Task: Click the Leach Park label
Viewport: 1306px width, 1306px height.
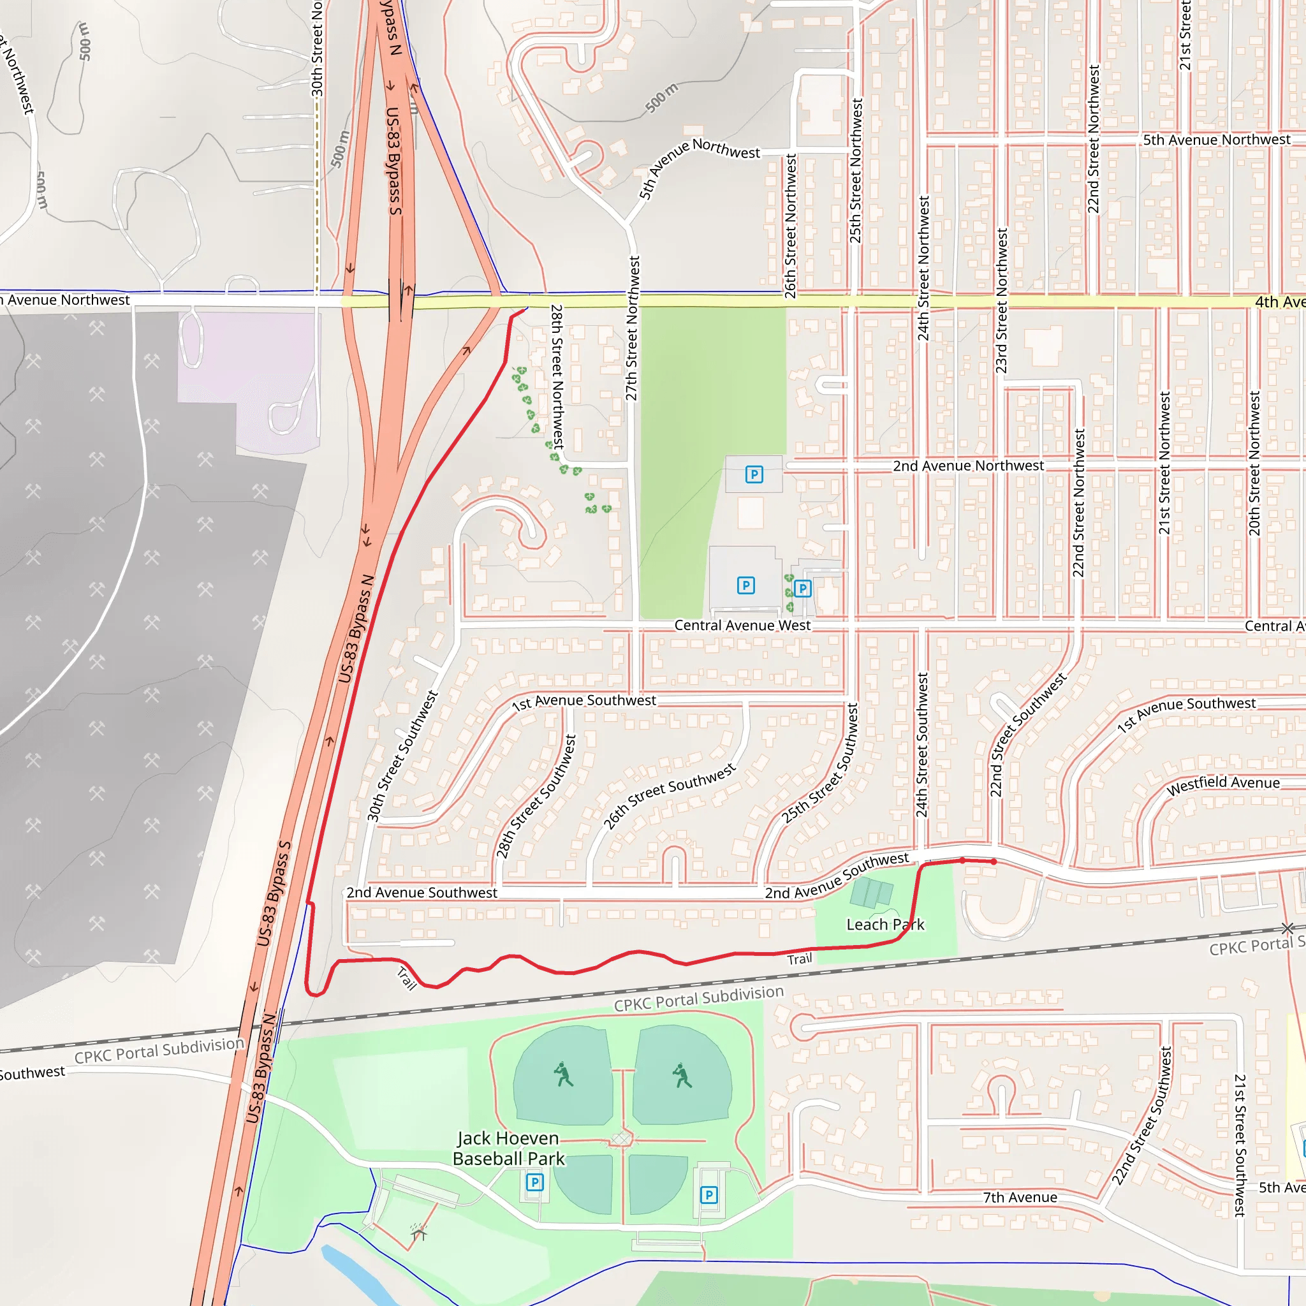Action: (885, 924)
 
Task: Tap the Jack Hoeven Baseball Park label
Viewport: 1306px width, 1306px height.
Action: (508, 1148)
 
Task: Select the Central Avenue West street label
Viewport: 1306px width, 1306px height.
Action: (742, 626)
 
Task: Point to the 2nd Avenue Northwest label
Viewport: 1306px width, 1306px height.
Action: (968, 466)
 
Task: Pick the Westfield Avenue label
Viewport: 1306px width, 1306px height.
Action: (1223, 784)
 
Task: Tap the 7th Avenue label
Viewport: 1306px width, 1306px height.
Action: (1020, 1197)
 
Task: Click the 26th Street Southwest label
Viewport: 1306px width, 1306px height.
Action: (669, 796)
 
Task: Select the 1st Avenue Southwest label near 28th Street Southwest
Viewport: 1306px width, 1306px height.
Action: (583, 701)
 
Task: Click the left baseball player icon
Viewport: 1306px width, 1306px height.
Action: (563, 1074)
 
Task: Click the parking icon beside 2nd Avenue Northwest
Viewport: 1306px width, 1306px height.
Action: (754, 474)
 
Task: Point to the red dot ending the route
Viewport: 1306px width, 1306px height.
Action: (994, 862)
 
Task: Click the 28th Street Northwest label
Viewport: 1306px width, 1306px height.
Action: (557, 376)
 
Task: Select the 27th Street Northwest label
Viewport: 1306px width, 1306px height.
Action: (632, 328)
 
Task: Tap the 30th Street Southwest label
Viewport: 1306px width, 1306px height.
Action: (402, 756)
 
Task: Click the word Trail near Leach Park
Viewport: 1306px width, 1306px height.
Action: (799, 958)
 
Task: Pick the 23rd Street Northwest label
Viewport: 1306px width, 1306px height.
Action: (1002, 301)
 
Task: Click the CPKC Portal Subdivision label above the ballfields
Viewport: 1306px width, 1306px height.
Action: (698, 998)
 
